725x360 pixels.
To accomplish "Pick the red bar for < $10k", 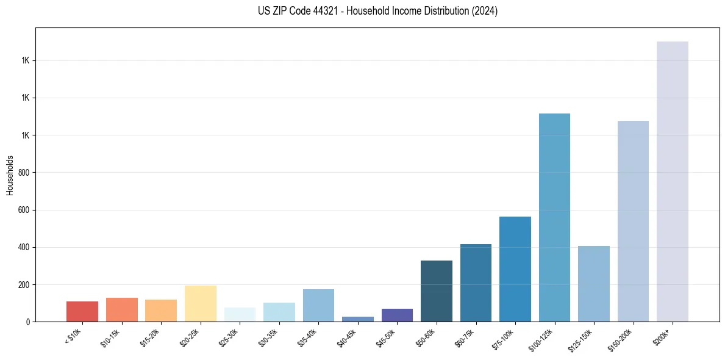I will click(x=82, y=311).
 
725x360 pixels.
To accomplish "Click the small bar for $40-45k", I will click(x=357, y=319).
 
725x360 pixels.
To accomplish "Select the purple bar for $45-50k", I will click(x=397, y=315).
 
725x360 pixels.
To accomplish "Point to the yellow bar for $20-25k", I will click(x=200, y=303).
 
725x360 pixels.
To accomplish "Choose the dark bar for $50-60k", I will click(x=436, y=291).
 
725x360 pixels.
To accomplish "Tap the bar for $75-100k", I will click(x=515, y=269).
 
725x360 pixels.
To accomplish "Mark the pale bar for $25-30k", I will click(x=240, y=314).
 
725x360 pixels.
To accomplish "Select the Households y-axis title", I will click(x=10, y=175).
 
